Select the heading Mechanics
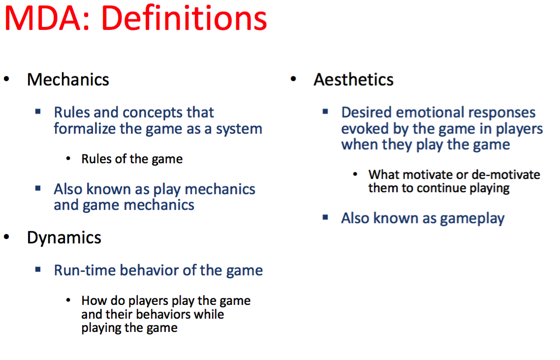(x=68, y=80)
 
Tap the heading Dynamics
(x=64, y=238)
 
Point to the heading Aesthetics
(x=354, y=80)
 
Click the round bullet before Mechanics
(x=6, y=79)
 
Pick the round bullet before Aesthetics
(x=293, y=79)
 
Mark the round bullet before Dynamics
(x=6, y=237)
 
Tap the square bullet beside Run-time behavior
(x=38, y=270)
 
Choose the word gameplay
(x=472, y=219)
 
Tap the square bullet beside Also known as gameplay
(x=325, y=217)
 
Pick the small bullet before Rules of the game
(x=68, y=158)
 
